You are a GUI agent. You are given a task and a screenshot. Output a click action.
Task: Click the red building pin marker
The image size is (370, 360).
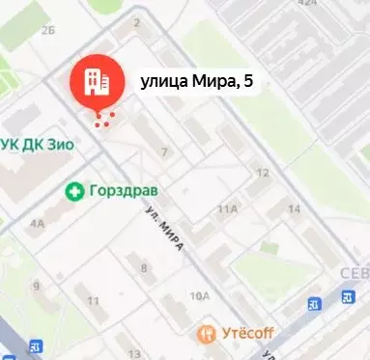[96, 81]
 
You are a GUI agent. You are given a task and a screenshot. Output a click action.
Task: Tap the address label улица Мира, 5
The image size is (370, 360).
[197, 82]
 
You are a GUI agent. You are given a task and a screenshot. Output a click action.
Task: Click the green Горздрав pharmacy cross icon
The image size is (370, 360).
[73, 191]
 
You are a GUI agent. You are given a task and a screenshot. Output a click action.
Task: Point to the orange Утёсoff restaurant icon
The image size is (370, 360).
[206, 334]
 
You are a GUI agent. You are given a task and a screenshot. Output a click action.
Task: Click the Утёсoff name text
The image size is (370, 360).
[248, 334]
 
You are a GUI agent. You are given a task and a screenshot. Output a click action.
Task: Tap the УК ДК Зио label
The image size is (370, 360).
[40, 144]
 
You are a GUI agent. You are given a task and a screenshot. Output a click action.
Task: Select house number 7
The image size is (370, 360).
[164, 152]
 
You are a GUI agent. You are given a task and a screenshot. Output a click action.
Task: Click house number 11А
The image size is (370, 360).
[228, 208]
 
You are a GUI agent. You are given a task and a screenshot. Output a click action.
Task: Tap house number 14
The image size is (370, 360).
[295, 208]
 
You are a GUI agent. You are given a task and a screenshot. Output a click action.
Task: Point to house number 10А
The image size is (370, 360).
[200, 295]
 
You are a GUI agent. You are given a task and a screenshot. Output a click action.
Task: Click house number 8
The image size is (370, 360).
[144, 267]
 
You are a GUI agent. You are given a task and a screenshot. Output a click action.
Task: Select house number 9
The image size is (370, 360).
[36, 286]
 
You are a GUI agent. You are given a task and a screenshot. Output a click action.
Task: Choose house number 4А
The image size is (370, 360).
[38, 223]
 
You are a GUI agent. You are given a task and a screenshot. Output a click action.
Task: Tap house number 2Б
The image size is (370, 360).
[48, 31]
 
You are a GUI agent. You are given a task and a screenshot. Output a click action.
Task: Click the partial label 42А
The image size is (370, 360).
[307, 4]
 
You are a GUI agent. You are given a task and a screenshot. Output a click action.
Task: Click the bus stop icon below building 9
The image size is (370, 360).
[36, 346]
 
